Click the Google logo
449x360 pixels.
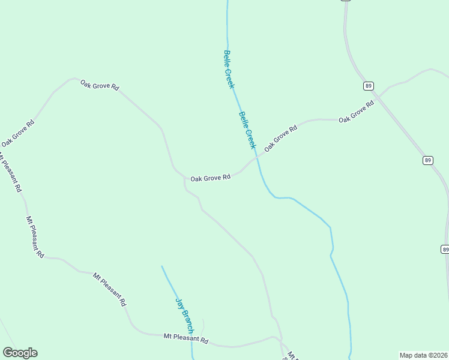tap(20, 353)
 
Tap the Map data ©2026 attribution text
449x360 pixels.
tap(423, 355)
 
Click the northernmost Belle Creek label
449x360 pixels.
tap(228, 70)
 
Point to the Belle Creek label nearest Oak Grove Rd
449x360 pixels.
tap(247, 130)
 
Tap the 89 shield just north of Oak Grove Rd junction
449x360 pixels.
tap(368, 86)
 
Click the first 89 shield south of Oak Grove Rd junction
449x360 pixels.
tap(427, 160)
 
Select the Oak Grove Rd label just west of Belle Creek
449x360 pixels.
tap(210, 178)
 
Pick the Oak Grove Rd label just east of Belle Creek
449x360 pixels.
tap(280, 138)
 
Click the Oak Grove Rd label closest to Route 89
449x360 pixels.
tap(356, 112)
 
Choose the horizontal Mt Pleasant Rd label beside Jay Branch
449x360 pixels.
tap(185, 340)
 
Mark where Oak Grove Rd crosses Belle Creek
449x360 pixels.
tap(257, 158)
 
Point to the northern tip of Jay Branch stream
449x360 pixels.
tap(161, 266)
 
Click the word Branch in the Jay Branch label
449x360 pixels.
tap(187, 322)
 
